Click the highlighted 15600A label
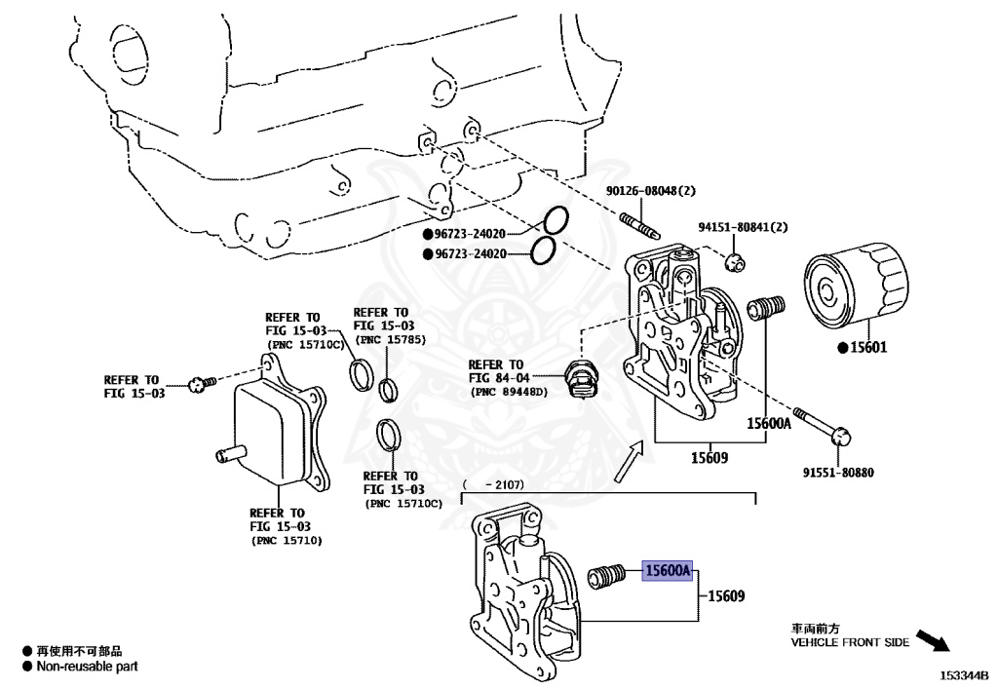[x=666, y=570]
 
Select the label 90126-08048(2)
[x=648, y=192]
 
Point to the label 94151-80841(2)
[x=742, y=228]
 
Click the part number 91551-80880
[x=838, y=473]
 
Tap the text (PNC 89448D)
[x=510, y=392]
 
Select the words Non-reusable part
[x=87, y=667]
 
